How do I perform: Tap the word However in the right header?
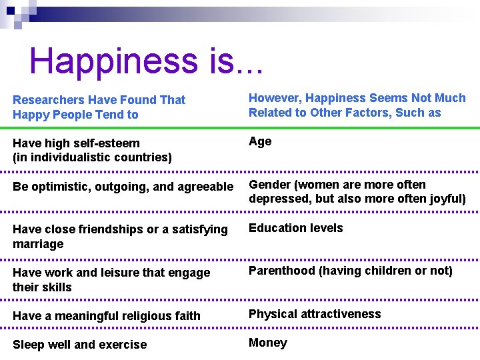[x=274, y=98]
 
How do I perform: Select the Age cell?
[x=260, y=141]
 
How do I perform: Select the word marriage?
[x=38, y=244]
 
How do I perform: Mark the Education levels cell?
[x=296, y=228]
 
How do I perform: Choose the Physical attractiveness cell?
[x=315, y=314]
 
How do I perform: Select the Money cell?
[x=268, y=343]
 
